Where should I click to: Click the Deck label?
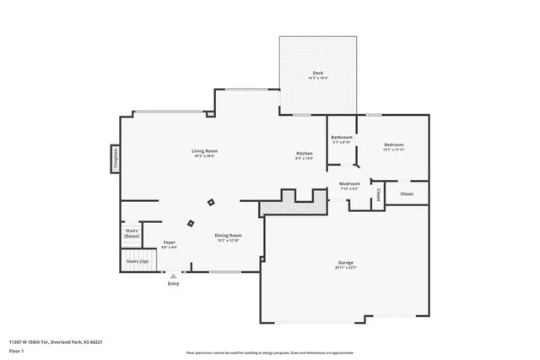[317, 74]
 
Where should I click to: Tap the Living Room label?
[205, 151]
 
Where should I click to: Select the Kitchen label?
[304, 154]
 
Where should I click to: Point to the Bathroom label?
[342, 137]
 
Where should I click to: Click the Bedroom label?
[393, 145]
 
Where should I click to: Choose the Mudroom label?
[349, 183]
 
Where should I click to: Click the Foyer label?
[169, 243]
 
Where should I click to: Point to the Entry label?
[173, 283]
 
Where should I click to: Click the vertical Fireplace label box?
[116, 159]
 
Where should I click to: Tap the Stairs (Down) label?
[132, 232]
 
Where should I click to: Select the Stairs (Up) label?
[137, 261]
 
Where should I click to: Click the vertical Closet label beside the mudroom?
[379, 195]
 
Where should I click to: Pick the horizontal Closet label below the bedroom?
[407, 194]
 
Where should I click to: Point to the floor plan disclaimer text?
[269, 351]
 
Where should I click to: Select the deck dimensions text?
[317, 79]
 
